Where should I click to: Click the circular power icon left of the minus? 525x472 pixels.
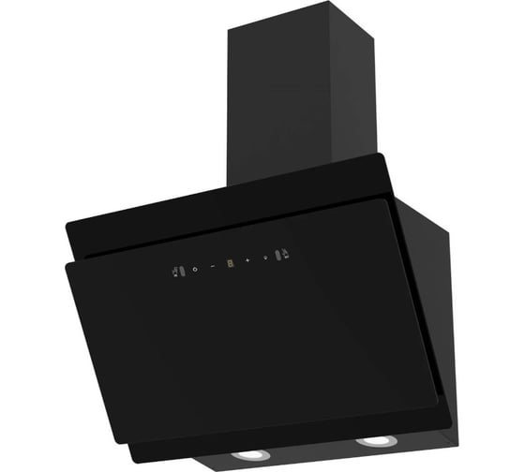(x=194, y=269)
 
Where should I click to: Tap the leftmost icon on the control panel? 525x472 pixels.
(x=175, y=272)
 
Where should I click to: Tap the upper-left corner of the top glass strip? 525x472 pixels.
(x=67, y=224)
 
